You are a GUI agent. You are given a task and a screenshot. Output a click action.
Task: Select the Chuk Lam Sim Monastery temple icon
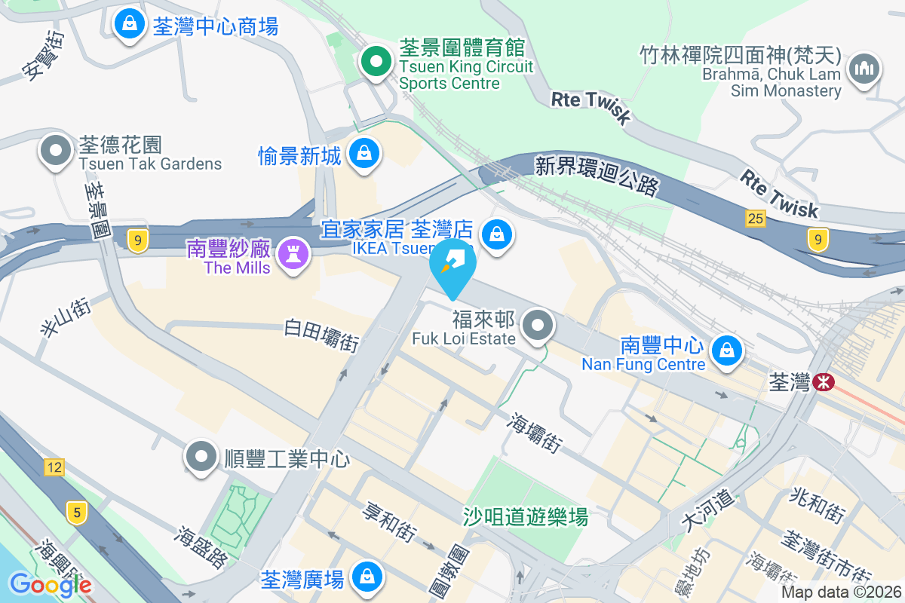click(864, 70)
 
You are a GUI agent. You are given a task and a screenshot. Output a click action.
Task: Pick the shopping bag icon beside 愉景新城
click(364, 154)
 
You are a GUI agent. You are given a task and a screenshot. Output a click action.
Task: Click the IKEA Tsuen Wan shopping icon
click(497, 234)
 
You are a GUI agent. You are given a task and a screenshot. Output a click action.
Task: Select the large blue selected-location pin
click(453, 267)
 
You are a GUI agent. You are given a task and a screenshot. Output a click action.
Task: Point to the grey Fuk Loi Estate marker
click(538, 326)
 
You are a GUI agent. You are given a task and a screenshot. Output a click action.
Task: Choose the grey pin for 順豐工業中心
click(201, 456)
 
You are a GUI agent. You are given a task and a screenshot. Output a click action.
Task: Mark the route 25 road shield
click(756, 219)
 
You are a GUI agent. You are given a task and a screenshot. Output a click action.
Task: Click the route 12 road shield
click(54, 467)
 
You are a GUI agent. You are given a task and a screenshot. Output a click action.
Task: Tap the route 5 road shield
click(76, 514)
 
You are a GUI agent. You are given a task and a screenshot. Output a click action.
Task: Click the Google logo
click(50, 584)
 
